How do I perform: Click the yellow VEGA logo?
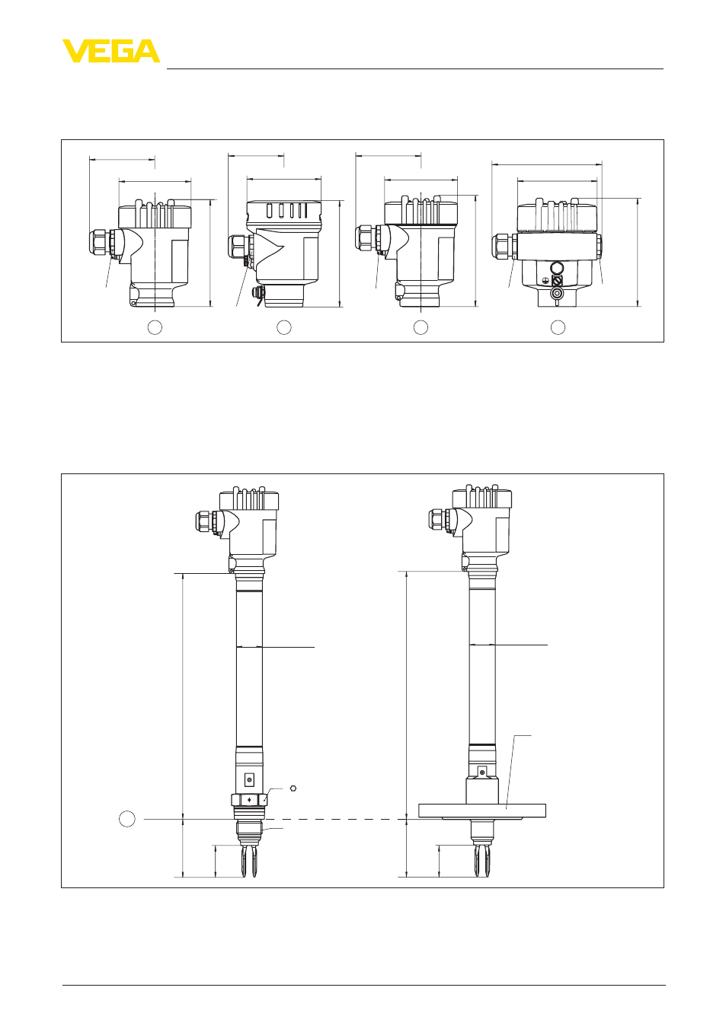click(x=111, y=51)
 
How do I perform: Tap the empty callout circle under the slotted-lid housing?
click(x=284, y=327)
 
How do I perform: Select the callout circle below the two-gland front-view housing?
click(x=558, y=327)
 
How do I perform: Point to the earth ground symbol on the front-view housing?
click(x=545, y=279)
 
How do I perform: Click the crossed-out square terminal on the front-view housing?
click(x=557, y=280)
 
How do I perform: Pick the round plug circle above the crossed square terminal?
click(x=557, y=267)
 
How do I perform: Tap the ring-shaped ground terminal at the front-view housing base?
click(x=557, y=294)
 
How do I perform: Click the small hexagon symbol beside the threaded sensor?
click(x=293, y=788)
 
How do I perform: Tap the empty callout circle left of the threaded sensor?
click(x=127, y=819)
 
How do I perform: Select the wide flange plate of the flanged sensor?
click(x=482, y=811)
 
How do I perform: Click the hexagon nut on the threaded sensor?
click(x=249, y=800)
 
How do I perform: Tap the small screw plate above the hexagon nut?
click(x=249, y=779)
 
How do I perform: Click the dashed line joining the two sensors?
click(x=337, y=819)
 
